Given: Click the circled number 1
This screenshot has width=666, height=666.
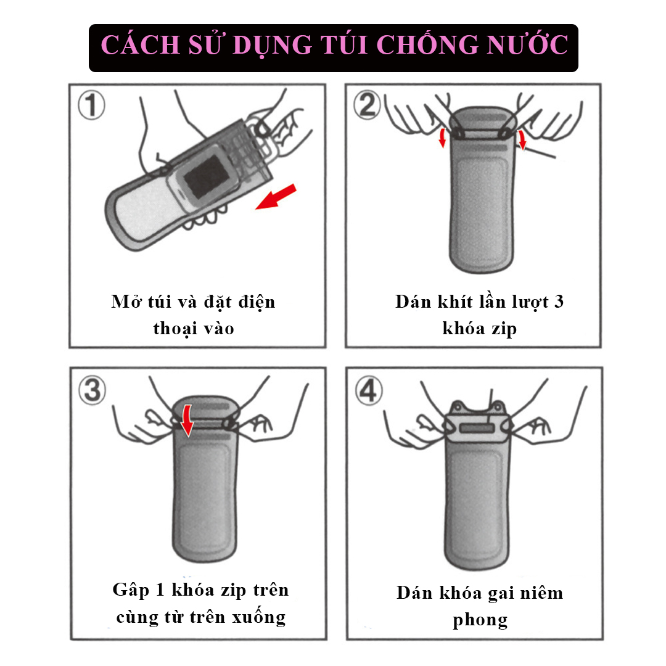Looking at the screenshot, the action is (91, 105).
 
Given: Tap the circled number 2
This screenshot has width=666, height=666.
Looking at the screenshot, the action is (368, 104).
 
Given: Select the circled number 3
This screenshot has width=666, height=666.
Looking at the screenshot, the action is (92, 390).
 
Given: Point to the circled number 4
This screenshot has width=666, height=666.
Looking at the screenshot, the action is (368, 390).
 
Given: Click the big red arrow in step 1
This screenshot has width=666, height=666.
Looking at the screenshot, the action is (276, 197).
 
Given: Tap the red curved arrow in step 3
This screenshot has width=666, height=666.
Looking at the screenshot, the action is (186, 420).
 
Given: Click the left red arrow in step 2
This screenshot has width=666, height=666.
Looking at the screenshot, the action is (443, 138).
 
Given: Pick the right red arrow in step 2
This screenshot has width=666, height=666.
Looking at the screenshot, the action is (522, 140).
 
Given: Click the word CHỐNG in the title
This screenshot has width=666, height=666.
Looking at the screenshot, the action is (428, 44).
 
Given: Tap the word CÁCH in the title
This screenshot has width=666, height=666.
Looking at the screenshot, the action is (141, 44).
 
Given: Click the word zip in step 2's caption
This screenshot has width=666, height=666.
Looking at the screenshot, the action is (504, 329).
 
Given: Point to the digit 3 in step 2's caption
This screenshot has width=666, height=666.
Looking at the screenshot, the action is (559, 302).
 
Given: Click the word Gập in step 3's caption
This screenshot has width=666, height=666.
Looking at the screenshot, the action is (131, 591).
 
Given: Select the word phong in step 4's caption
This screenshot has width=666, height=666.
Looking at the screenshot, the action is (480, 621).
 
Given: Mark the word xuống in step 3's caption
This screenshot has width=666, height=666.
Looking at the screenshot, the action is (258, 617).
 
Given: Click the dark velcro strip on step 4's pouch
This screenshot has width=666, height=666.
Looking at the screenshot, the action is (477, 428).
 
